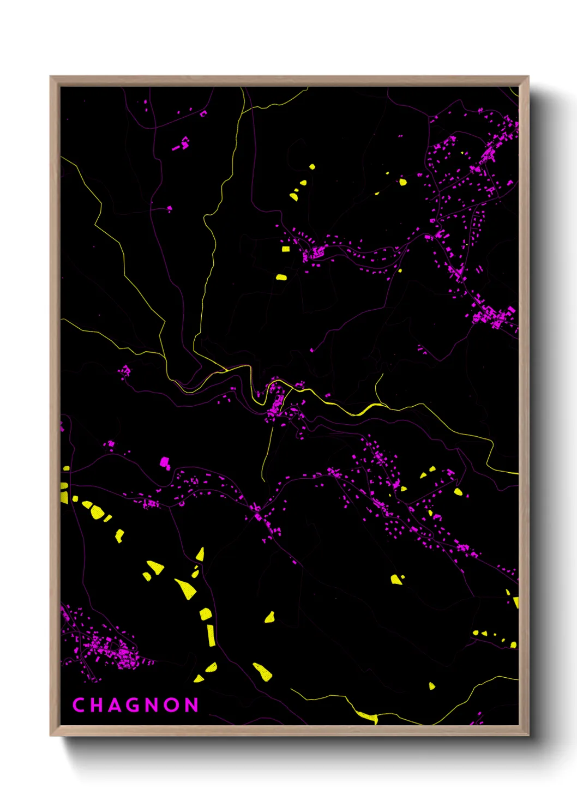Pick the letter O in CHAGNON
172,705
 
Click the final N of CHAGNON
191,705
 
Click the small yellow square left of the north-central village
286,249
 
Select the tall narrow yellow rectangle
211,635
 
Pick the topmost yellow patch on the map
312,166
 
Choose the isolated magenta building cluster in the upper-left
182,144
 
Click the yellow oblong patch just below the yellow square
281,277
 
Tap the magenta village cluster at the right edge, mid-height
494,316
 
